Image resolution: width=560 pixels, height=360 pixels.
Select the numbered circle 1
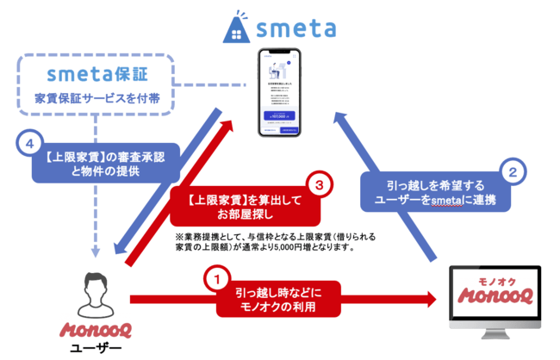[217, 279]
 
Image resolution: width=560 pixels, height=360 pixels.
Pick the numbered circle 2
[513, 171]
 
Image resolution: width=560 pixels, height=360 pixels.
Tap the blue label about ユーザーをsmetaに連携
[436, 193]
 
